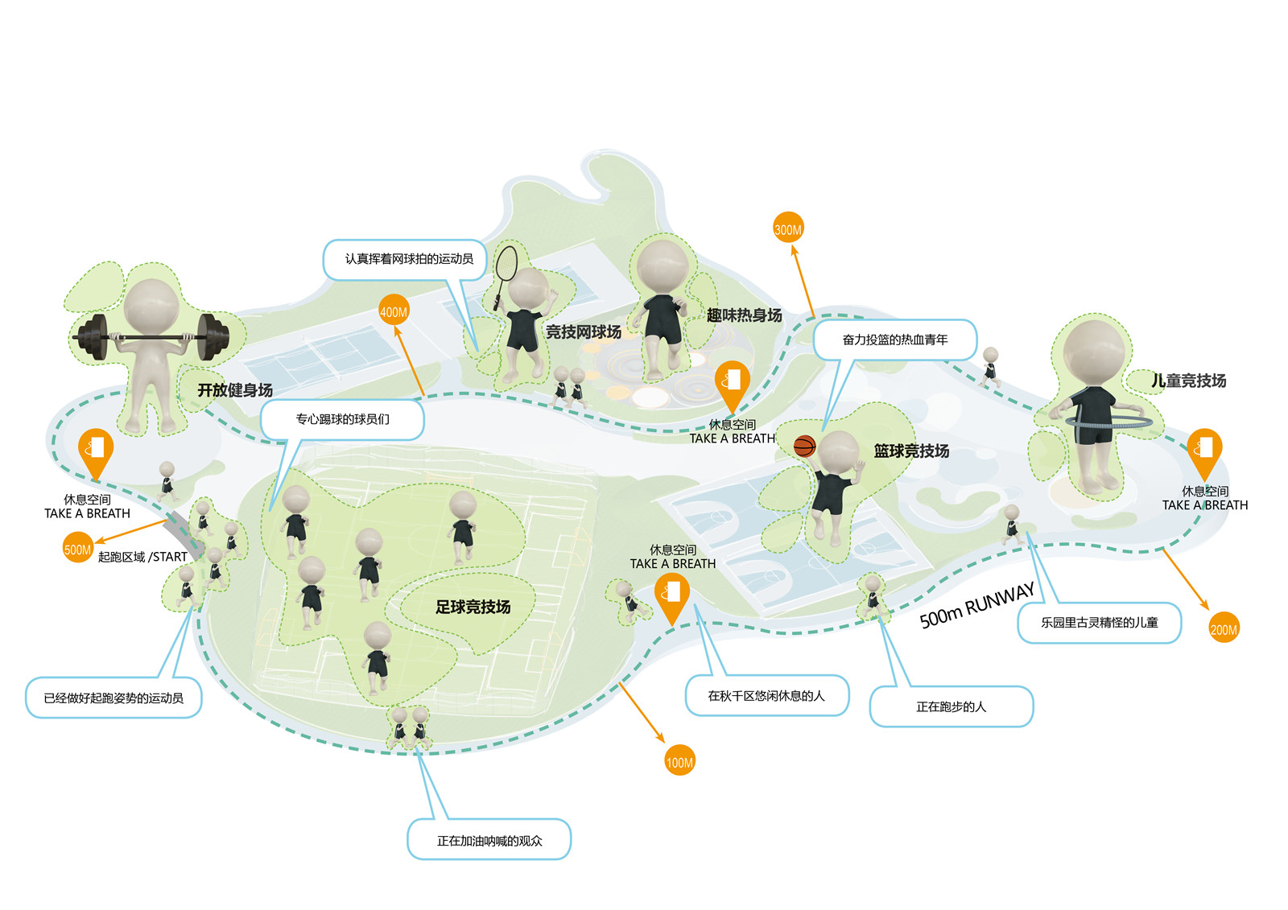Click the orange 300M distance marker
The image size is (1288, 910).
(788, 229)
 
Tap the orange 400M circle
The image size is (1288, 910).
(394, 311)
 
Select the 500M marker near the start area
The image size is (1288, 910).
(77, 550)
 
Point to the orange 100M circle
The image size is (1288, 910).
(679, 762)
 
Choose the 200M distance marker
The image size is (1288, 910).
(1224, 629)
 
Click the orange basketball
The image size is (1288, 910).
(804, 447)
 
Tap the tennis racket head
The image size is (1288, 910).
(506, 262)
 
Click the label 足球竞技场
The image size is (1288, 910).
(473, 607)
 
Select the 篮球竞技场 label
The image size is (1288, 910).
(911, 451)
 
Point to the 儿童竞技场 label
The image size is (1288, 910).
(1188, 381)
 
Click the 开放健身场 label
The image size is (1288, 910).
(235, 390)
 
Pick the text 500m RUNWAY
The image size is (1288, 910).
(976, 605)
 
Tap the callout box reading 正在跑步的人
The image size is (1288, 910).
(951, 706)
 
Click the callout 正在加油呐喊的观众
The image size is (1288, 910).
(489, 841)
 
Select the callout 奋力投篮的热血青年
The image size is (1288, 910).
(895, 340)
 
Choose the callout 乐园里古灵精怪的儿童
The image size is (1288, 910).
(1099, 622)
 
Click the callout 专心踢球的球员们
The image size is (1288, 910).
(342, 419)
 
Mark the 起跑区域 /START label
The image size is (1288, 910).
(142, 557)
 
